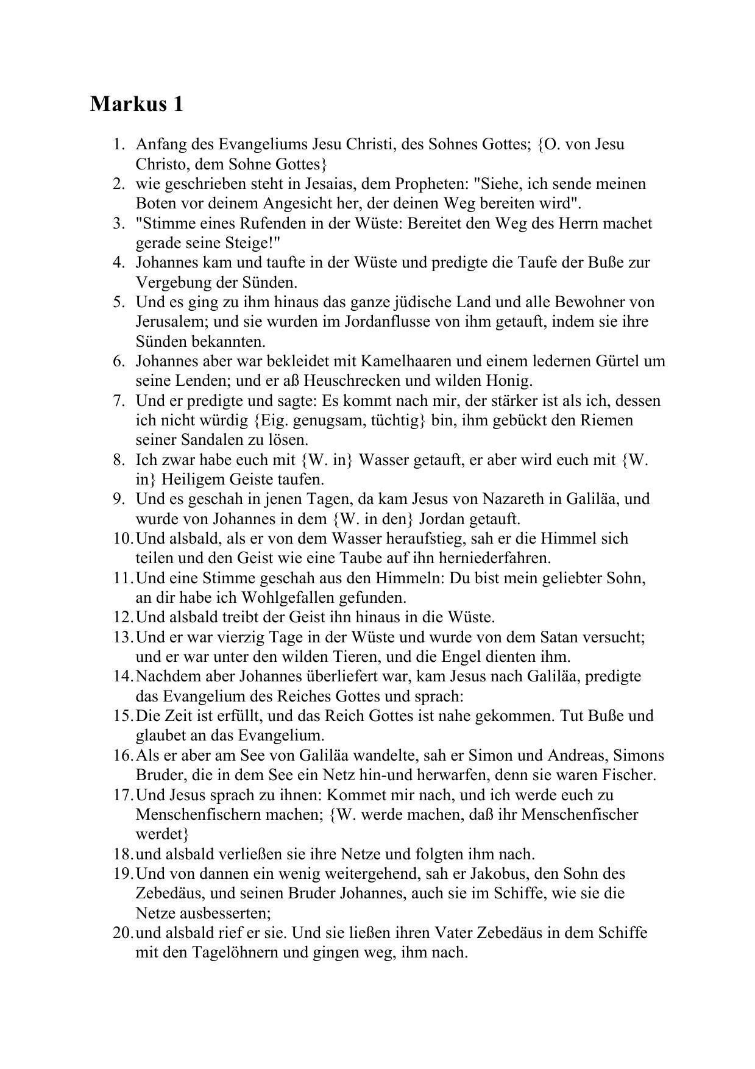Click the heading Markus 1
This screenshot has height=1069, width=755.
(136, 104)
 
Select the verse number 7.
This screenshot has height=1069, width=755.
(118, 400)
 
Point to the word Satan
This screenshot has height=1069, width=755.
(559, 637)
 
